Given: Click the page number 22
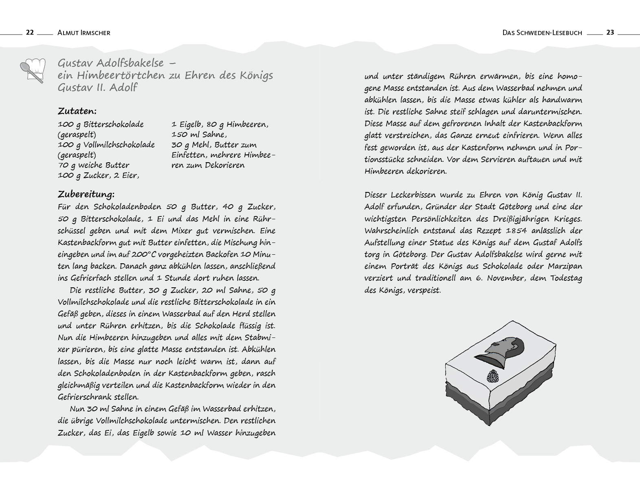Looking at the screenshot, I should tap(30, 32).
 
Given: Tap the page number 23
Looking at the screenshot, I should tap(610, 32).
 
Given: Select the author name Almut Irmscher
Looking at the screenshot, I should tap(84, 33).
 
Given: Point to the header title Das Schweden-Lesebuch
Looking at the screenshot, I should tap(542, 33).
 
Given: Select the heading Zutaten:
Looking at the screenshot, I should tap(77, 111).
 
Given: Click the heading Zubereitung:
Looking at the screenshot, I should tap(86, 194).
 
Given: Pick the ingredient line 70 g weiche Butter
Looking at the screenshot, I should tap(93, 165).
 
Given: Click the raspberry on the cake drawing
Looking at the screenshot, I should tap(493, 376).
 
